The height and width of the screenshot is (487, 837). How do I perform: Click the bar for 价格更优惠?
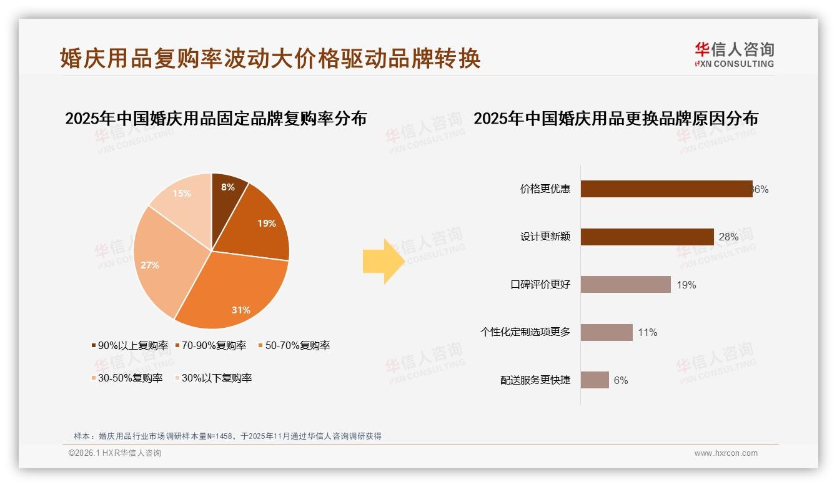[x=666, y=189]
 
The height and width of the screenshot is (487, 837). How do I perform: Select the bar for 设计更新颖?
[x=647, y=237]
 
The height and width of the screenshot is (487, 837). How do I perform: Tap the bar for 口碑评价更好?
[x=626, y=285]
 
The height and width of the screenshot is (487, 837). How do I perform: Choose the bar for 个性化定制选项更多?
[x=607, y=332]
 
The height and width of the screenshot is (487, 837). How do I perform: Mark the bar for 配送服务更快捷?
[x=595, y=380]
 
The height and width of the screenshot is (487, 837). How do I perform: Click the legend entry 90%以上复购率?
[x=130, y=345]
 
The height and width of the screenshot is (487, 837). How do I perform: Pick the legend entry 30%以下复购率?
[x=213, y=378]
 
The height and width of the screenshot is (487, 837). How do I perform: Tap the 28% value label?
[x=728, y=237]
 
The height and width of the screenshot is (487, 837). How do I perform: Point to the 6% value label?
[x=620, y=380]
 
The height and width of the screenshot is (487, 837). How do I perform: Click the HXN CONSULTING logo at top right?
[x=734, y=54]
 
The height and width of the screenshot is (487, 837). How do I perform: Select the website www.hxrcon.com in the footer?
[x=726, y=453]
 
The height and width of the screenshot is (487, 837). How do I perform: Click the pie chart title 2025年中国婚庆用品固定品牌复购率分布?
[x=215, y=119]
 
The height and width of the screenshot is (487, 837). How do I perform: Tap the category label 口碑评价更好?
[x=540, y=285]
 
